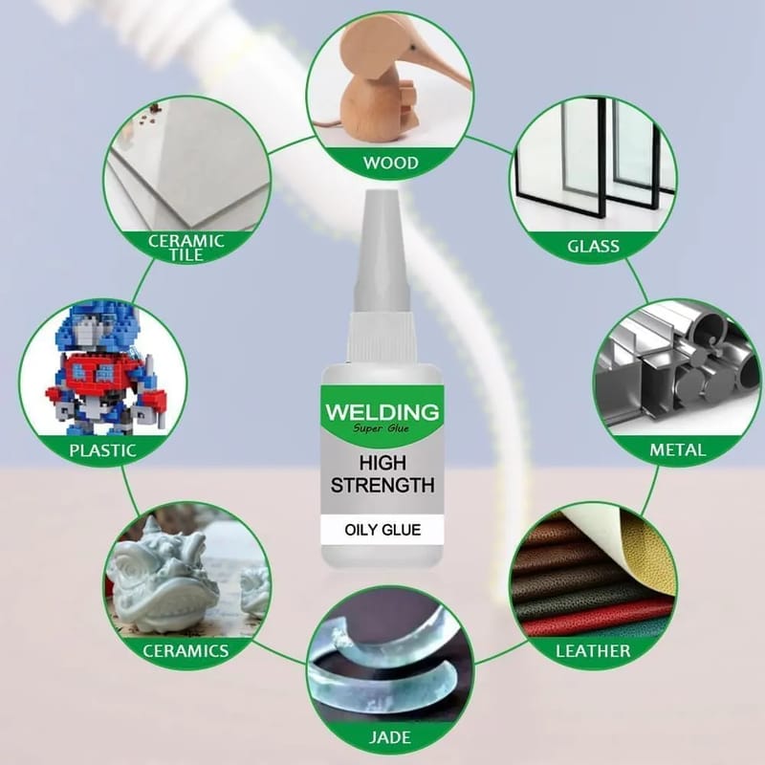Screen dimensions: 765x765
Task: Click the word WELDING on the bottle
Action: (x=382, y=412)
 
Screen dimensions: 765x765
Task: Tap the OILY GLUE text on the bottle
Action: (x=382, y=530)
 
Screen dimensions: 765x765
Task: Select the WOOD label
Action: (x=391, y=163)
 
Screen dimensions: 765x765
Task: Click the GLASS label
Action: (x=593, y=247)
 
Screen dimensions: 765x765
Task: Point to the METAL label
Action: (x=678, y=449)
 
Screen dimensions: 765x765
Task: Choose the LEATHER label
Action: (x=593, y=651)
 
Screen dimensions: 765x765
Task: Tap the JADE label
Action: (x=390, y=737)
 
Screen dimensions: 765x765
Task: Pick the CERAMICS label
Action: (x=186, y=651)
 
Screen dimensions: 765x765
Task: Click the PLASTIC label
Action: (x=102, y=450)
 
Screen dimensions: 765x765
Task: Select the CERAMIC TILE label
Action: (x=186, y=248)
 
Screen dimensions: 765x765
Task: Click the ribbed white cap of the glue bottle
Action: (x=382, y=338)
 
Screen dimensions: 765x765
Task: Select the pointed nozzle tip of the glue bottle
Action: (x=382, y=195)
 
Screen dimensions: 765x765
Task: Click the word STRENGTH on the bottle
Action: (x=382, y=486)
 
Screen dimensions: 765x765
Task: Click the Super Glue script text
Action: (x=381, y=428)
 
